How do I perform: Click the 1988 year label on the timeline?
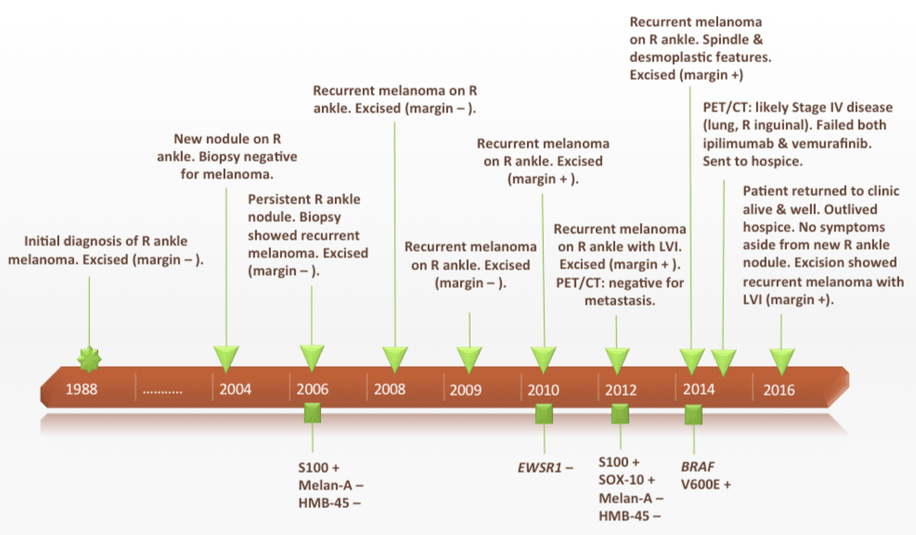pyautogui.click(x=82, y=389)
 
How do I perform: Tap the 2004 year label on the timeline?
pyautogui.click(x=236, y=389)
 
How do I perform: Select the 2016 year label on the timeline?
pyautogui.click(x=779, y=389)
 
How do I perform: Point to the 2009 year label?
pyautogui.click(x=466, y=389)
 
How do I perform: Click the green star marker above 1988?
pyautogui.click(x=89, y=358)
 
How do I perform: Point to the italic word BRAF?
pyautogui.click(x=700, y=465)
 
